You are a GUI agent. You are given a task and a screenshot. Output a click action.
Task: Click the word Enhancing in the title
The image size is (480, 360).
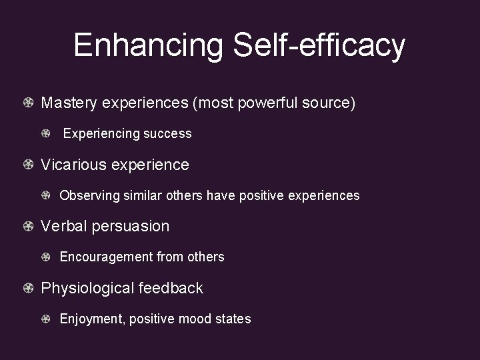coord(148,45)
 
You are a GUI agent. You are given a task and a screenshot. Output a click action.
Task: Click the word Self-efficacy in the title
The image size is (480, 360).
coord(318,45)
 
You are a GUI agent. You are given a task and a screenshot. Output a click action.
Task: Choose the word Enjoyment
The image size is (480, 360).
coord(90,319)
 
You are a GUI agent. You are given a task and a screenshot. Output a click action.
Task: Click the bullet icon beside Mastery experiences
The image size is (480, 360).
coord(28,103)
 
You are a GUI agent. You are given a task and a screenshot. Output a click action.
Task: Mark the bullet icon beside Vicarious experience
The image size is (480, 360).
coord(28,165)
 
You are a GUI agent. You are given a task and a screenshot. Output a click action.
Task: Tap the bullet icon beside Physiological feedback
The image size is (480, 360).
coord(28,289)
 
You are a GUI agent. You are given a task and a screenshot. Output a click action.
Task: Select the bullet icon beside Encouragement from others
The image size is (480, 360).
coord(46,257)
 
